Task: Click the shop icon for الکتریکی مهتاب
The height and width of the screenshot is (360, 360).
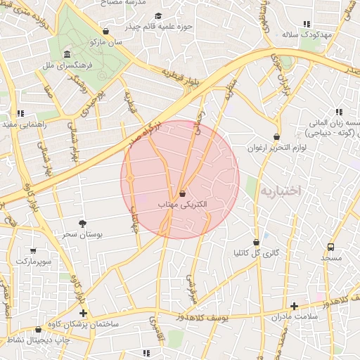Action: pyautogui.click(x=183, y=193)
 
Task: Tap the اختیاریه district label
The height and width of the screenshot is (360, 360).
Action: pyautogui.click(x=281, y=191)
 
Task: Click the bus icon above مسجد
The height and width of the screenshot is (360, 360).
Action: pyautogui.click(x=330, y=247)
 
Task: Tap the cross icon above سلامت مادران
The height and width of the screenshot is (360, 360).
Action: pyautogui.click(x=294, y=306)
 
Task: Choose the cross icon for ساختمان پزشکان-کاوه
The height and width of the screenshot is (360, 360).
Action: pyautogui.click(x=84, y=313)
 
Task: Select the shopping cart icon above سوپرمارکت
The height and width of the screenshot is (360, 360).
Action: pyautogui.click(x=33, y=250)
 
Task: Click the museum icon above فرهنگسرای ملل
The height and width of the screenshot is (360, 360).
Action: pyautogui.click(x=67, y=55)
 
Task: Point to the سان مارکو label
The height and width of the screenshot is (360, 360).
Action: pyautogui.click(x=106, y=42)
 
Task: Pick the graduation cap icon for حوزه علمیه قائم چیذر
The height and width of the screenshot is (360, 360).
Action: pyautogui.click(x=157, y=16)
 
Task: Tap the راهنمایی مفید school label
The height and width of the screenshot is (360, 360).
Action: pyautogui.click(x=24, y=124)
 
